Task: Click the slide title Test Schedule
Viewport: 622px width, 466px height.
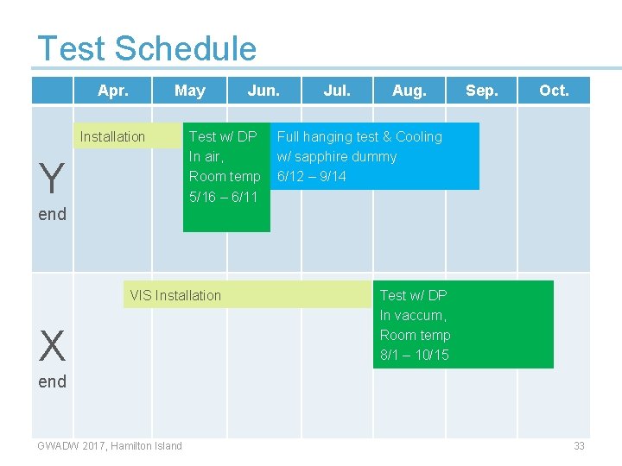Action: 147,48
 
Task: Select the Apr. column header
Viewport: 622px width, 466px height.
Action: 113,91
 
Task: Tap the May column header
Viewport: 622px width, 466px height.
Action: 189,91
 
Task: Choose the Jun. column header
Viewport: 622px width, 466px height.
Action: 263,91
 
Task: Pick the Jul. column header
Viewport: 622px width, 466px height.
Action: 337,91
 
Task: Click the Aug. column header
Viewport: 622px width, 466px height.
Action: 409,91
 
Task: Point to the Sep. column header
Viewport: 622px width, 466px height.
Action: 481,91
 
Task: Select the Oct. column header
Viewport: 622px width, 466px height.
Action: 554,91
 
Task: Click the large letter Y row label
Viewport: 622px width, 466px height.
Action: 52,179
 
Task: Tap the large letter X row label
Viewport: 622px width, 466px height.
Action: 52,347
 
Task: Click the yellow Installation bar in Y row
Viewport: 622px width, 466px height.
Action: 113,136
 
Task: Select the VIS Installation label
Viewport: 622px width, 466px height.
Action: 175,295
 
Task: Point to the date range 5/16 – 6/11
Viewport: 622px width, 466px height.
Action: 223,197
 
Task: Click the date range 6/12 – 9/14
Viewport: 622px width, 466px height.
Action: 311,177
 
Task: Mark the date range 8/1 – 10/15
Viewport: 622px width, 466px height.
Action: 415,355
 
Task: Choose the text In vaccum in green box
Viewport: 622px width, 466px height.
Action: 412,315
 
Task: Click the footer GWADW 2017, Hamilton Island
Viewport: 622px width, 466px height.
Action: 110,445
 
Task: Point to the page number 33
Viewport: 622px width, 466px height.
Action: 579,445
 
